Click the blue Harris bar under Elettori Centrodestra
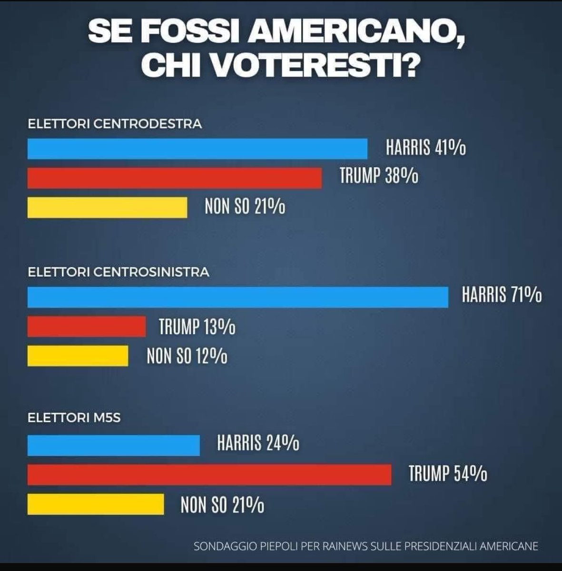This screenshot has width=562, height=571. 197,148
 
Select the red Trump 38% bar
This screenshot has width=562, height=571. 175,178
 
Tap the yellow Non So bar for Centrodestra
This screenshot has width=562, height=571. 107,207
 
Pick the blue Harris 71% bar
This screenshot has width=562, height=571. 238,297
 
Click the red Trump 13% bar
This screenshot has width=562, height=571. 87,326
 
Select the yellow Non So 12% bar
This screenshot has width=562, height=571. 78,356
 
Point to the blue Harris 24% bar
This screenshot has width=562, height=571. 114,445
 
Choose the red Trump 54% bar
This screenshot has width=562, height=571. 209,474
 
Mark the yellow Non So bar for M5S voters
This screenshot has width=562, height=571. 96,504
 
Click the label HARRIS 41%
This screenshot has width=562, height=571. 425,148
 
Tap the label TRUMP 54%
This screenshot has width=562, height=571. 448,474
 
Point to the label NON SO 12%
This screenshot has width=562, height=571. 187,356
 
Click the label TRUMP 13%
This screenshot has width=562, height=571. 197,327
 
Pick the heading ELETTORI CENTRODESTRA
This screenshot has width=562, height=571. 115,124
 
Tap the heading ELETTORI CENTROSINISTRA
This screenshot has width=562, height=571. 118,272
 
